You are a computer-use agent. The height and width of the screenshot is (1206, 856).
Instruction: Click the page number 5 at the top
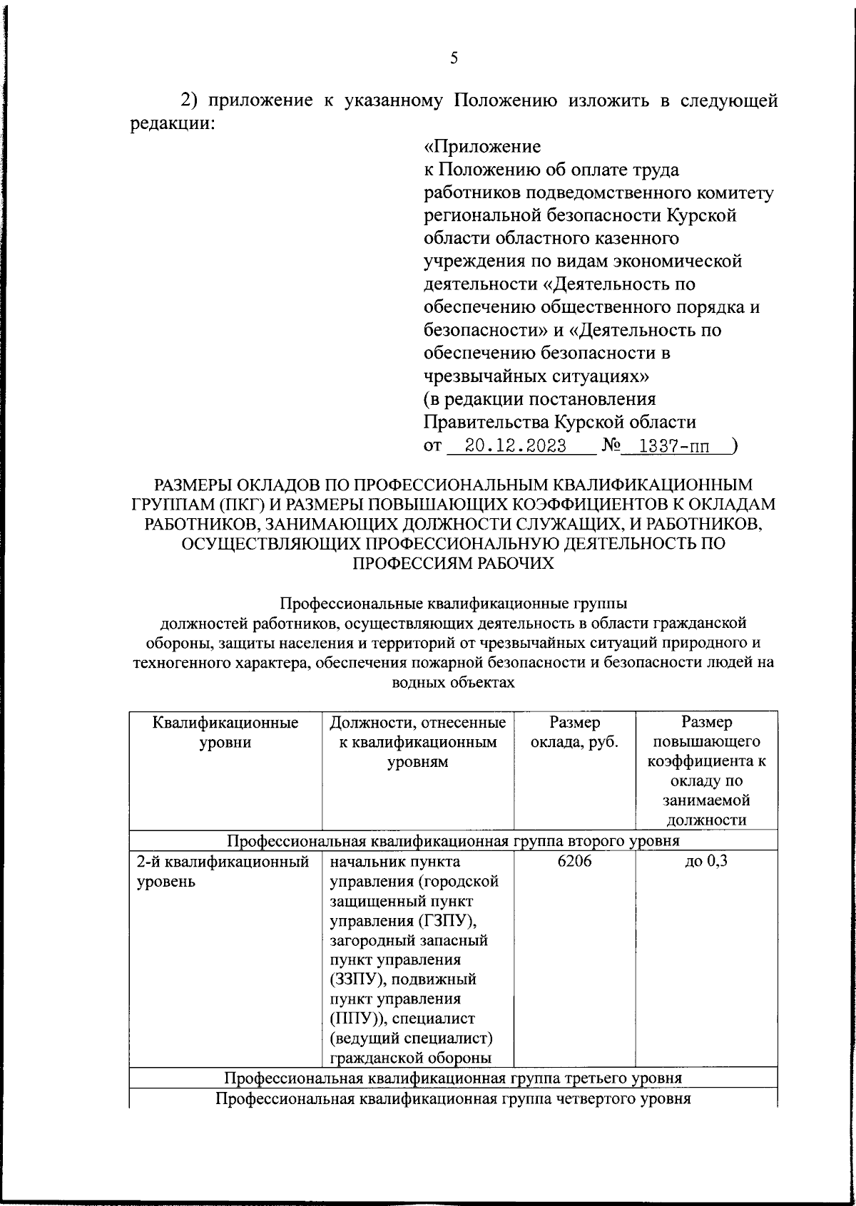[x=454, y=59]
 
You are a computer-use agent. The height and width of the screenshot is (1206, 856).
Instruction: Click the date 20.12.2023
[x=515, y=447]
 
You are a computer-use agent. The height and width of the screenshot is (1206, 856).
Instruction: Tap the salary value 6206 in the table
[x=574, y=861]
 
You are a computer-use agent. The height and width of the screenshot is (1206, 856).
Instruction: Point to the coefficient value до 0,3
[x=706, y=861]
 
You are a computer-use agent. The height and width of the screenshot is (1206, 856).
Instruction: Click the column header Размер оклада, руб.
[x=574, y=732]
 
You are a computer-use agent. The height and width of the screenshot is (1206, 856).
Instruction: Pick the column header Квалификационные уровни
[x=225, y=732]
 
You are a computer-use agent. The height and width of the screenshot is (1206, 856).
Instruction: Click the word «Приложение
[x=482, y=147]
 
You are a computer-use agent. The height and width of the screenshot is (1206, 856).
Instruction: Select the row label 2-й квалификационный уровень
[x=222, y=871]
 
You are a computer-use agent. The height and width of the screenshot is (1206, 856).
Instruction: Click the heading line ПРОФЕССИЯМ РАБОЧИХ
[x=454, y=563]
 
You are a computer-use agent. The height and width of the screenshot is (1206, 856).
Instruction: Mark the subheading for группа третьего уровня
[x=453, y=1077]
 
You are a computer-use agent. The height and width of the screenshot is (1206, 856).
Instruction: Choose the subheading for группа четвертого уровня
[x=453, y=1098]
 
